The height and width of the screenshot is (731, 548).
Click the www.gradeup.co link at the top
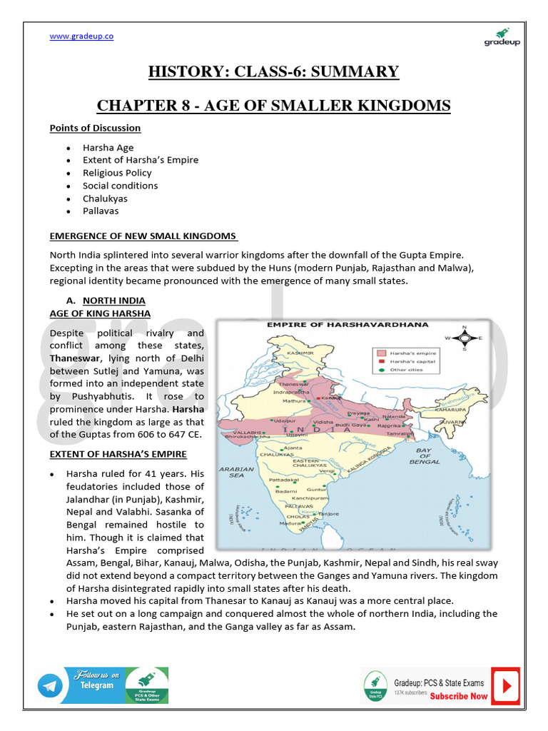click(x=81, y=37)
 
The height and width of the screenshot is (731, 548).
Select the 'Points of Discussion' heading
click(x=95, y=128)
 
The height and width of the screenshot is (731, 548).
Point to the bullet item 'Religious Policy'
click(x=117, y=173)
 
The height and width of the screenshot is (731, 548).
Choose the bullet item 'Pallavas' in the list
click(x=101, y=211)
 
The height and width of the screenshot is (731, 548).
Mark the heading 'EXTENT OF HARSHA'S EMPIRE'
click(x=118, y=454)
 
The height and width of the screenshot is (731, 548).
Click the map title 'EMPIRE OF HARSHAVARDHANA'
click(x=328, y=325)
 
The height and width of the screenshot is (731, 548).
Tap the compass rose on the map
click(x=464, y=338)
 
